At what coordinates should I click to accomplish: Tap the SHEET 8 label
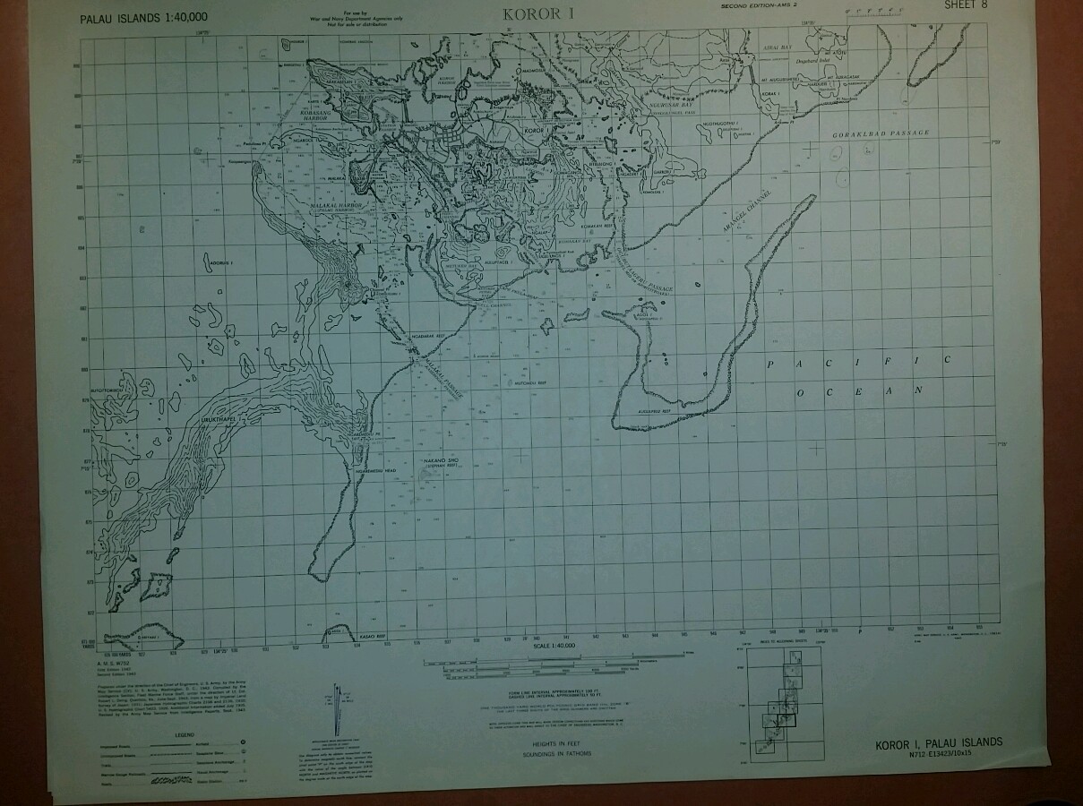pyautogui.click(x=966, y=5)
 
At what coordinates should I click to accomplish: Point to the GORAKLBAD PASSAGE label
pyautogui.click(x=881, y=133)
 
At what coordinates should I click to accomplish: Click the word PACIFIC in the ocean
pyautogui.click(x=858, y=362)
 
